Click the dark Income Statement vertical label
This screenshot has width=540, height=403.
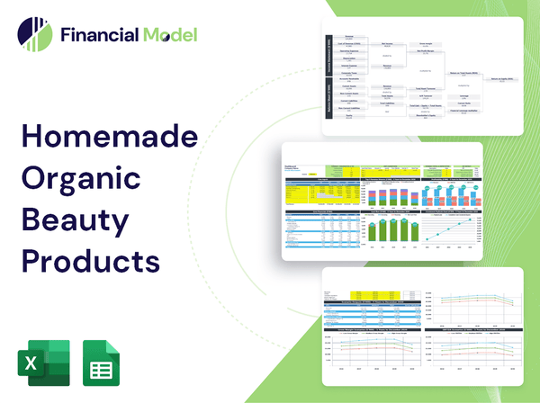coord(328,56)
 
